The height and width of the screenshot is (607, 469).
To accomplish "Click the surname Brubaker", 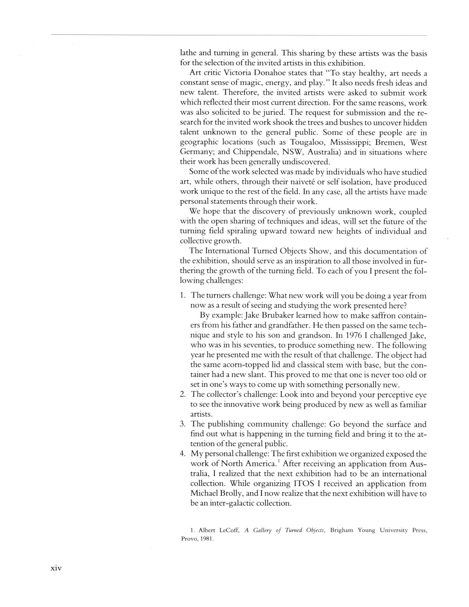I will click(x=274, y=315).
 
